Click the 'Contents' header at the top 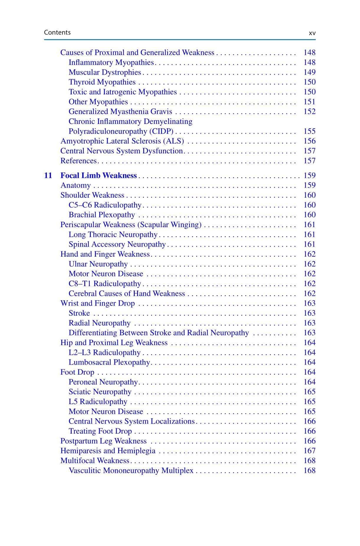coord(57,32)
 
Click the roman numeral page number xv coord(312,33)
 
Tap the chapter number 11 coord(48,176)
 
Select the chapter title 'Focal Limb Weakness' coord(98,176)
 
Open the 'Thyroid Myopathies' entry coord(102,82)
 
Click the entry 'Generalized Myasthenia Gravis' coord(120,112)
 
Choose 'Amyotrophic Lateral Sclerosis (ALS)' coord(122,141)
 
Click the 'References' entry coord(78,161)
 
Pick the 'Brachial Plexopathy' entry coord(102,215)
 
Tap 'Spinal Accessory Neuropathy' coord(117,244)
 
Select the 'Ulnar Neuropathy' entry coord(98,264)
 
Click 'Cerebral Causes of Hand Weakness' coord(127,294)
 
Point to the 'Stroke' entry coord(79,313)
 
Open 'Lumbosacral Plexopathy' coord(109,362)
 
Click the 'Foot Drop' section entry coord(77,372)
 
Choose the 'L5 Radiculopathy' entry coord(98,401)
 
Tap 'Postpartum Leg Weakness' coord(103,441)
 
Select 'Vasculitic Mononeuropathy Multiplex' coord(131,470)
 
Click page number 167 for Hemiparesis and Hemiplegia coord(309,451)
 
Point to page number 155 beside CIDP coord(309,131)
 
